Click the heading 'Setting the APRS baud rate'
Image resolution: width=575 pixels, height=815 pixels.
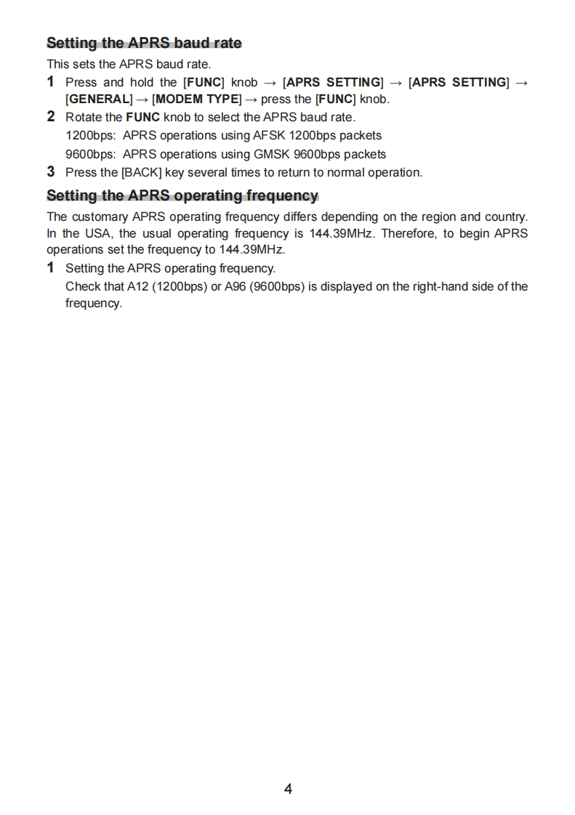tap(144, 43)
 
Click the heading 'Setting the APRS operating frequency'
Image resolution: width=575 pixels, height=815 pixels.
tap(182, 195)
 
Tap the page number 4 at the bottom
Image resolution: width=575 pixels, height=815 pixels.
tap(288, 789)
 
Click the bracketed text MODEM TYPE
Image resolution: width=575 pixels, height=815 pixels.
tap(197, 100)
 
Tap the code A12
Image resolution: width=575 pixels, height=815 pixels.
tap(137, 286)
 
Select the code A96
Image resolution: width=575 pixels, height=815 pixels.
tap(235, 286)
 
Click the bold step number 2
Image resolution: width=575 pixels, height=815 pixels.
tap(51, 116)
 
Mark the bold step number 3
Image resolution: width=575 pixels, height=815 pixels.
tap(51, 172)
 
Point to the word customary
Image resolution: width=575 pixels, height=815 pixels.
tap(101, 216)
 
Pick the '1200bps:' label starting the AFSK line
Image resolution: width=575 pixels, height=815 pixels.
tap(90, 136)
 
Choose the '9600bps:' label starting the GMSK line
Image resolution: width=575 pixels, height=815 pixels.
tap(90, 154)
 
